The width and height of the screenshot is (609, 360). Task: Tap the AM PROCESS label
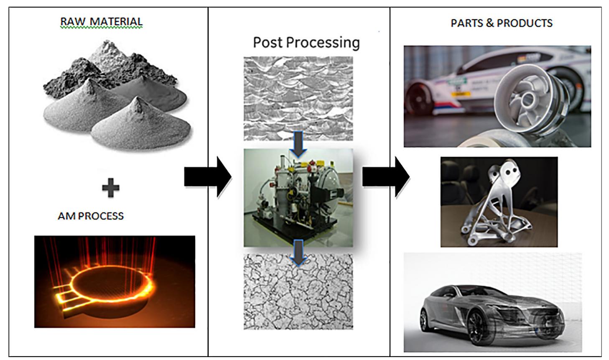pyautogui.click(x=91, y=216)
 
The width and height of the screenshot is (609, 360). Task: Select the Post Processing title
pyautogui.click(x=306, y=42)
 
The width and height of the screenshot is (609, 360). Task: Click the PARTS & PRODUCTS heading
pyautogui.click(x=501, y=23)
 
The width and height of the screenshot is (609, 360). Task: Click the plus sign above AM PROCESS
pyautogui.click(x=110, y=188)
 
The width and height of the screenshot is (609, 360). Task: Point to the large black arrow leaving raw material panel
pyautogui.click(x=207, y=177)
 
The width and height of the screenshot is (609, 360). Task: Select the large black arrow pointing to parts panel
pyautogui.click(x=385, y=177)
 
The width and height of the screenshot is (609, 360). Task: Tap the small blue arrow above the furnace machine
pyautogui.click(x=298, y=144)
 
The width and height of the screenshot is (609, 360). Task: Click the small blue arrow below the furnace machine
pyautogui.click(x=298, y=252)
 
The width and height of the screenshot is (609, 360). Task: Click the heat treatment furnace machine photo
pyautogui.click(x=298, y=198)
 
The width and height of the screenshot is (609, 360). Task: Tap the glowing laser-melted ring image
pyautogui.click(x=114, y=281)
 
